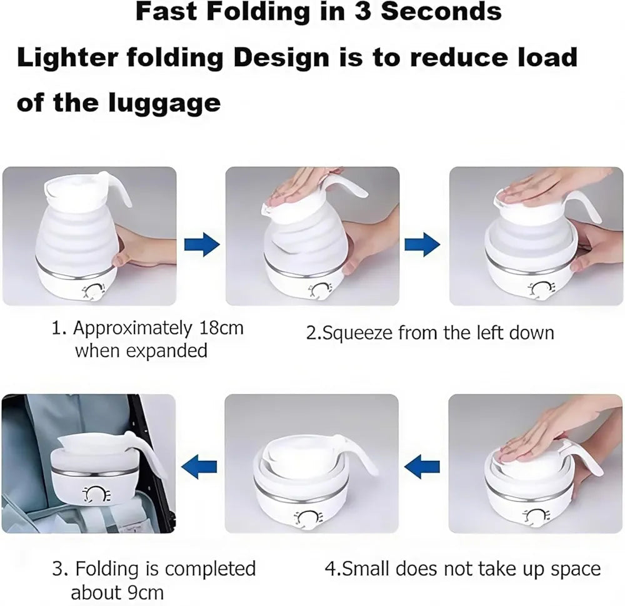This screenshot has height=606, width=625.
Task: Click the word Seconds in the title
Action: [441, 11]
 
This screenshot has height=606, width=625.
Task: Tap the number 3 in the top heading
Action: [362, 11]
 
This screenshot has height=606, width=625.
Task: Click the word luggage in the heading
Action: [164, 104]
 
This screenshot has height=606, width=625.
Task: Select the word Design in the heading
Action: [281, 58]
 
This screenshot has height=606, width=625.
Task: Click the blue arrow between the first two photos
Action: [202, 244]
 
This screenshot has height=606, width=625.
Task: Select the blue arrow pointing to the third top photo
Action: [422, 244]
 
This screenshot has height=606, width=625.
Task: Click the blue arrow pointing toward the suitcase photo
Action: [199, 467]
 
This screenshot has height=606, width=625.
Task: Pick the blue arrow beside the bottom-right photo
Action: [422, 467]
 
